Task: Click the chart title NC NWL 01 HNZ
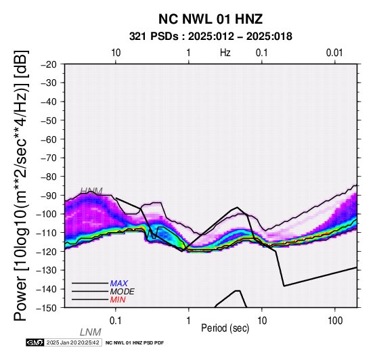(211, 19)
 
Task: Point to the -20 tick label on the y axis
(49, 64)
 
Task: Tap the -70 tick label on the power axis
(49, 158)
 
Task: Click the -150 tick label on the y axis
(47, 308)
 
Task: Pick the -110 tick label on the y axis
(47, 233)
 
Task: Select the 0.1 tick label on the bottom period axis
(116, 321)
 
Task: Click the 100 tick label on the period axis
(335, 321)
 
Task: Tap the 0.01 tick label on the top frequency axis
(334, 53)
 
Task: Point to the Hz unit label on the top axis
(225, 53)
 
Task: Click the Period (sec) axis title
(225, 328)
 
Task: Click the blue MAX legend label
(119, 284)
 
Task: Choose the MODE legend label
(123, 292)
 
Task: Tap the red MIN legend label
(118, 300)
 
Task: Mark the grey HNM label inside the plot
(91, 192)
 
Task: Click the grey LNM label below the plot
(91, 332)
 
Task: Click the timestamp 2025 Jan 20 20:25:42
(72, 342)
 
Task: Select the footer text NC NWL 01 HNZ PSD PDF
(135, 343)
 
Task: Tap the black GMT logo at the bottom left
(35, 342)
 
